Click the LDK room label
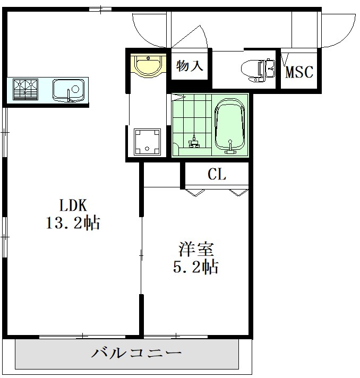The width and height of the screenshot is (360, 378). [73, 205]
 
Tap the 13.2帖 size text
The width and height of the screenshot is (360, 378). [73, 223]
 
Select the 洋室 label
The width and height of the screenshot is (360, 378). [196, 248]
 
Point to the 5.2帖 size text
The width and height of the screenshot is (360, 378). [196, 267]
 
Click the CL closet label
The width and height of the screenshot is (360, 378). [216, 174]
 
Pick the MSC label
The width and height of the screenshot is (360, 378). [299, 72]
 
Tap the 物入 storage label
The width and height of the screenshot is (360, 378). [190, 66]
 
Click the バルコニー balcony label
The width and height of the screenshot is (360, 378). [137, 353]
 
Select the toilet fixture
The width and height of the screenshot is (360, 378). [257, 69]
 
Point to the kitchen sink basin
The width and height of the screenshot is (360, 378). [67, 88]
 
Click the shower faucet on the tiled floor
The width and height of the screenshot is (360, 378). [194, 141]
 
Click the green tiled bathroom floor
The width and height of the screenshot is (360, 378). [191, 119]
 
